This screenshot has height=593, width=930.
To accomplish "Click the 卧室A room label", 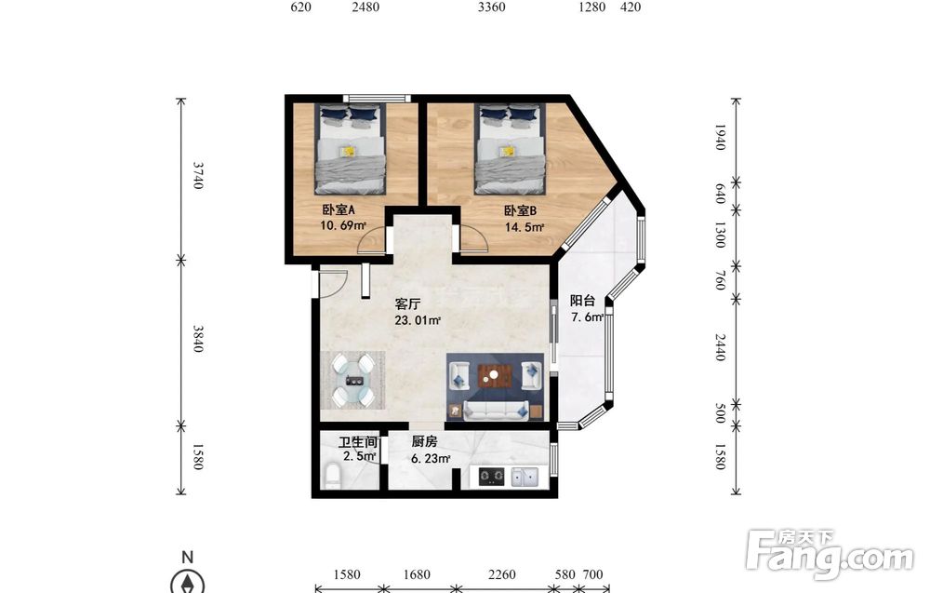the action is pos(339,209).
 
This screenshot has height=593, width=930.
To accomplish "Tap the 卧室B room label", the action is pos(520,210).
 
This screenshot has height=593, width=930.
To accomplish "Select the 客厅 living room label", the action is pos(407,303).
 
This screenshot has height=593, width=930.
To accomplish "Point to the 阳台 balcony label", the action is pos(582,301).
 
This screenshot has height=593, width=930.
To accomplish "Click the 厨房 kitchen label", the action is pos(424,441).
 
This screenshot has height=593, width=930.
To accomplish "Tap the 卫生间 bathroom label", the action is pos(358,442).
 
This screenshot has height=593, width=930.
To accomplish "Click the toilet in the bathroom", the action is pos(333,476).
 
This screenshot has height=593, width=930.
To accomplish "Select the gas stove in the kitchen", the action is pos(491,476).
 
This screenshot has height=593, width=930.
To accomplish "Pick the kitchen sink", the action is pos(525,477).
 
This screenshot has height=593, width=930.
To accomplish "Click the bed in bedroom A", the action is pos(350,150).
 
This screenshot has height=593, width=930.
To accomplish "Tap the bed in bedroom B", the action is pos(510,149).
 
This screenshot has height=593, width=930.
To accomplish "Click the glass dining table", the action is pos(354,380).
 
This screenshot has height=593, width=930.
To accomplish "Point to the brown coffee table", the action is pos(495,375).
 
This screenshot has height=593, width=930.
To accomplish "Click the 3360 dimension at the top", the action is pos(492,7).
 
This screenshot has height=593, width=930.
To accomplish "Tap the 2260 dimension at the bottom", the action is pos(502,574).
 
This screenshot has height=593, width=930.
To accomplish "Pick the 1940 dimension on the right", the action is pos(720,137).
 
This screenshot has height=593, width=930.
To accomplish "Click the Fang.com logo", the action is pos(830,555).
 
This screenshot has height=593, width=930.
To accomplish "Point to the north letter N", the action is pos(188,557).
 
